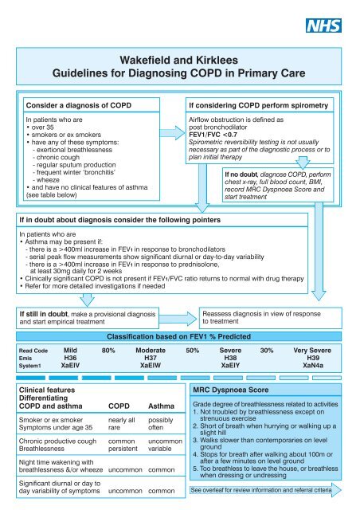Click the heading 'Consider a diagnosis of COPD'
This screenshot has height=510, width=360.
(76, 104)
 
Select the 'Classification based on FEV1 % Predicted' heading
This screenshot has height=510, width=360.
(179, 337)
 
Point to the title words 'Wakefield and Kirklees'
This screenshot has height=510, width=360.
(180, 59)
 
